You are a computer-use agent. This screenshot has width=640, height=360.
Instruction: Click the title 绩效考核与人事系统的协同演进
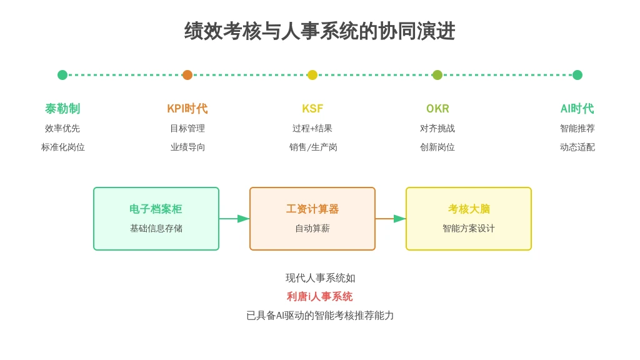[319, 31]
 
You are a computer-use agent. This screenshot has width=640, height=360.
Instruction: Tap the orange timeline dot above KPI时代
[187, 75]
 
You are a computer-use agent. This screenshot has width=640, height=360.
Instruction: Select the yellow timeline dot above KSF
[312, 75]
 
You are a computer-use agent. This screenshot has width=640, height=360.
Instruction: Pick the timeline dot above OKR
[437, 75]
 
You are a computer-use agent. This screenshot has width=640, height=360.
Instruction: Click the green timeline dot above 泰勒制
[62, 75]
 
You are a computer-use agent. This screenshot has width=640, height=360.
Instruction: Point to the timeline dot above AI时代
[577, 75]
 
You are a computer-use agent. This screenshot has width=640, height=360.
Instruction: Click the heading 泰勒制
[62, 109]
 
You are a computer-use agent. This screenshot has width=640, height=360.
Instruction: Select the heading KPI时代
[187, 109]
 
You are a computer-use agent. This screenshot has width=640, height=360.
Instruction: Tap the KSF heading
[312, 109]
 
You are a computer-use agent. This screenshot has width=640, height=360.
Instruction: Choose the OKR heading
[437, 109]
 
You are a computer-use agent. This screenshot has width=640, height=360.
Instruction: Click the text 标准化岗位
[63, 147]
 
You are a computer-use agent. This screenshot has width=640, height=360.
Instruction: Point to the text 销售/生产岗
[313, 147]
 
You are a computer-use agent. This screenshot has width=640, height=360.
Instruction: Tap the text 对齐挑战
[437, 128]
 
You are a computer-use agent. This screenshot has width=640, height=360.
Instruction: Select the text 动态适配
[577, 147]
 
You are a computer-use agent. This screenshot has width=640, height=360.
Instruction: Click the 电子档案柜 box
[156, 219]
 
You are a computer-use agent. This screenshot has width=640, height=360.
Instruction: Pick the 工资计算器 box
[312, 219]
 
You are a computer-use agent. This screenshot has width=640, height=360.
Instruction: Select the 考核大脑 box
[469, 219]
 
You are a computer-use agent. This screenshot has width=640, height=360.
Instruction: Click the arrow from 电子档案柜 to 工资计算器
[234, 219]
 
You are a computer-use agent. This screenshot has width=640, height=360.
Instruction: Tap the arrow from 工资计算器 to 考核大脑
[391, 219]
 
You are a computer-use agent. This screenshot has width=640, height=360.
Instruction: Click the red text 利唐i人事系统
[319, 296]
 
